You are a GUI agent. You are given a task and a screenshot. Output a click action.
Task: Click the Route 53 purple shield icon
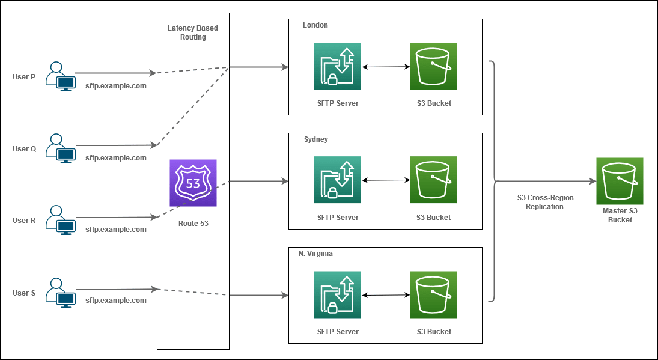[x=193, y=183]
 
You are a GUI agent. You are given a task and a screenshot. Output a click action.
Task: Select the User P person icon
[x=61, y=76]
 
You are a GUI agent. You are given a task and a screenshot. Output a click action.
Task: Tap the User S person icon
[x=61, y=293]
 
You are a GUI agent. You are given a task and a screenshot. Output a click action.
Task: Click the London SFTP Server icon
[x=337, y=66]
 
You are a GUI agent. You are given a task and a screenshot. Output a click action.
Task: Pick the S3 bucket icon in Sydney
[x=433, y=180]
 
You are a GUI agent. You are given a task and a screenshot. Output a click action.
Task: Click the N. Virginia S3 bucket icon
[x=433, y=294]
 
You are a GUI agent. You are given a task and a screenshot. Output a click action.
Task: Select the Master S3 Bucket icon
[x=620, y=181]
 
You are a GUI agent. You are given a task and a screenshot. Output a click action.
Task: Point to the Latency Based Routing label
[x=193, y=32]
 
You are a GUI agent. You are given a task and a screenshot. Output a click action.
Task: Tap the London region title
[x=315, y=25]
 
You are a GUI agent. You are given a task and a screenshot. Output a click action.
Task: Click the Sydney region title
[x=316, y=139]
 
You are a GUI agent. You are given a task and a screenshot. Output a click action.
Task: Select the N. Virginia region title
[x=315, y=254]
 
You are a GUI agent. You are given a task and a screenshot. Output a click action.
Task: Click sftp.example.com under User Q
[x=116, y=158]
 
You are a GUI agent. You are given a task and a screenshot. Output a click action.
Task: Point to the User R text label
[x=25, y=221]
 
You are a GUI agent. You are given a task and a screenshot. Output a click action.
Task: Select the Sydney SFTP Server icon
[x=337, y=180]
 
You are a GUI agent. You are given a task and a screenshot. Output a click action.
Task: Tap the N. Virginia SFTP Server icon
[x=337, y=294]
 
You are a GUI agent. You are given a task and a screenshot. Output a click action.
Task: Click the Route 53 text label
[x=193, y=224]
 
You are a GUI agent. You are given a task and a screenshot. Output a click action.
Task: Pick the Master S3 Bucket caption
[x=620, y=215]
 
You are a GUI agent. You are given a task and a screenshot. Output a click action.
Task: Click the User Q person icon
[x=61, y=148]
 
